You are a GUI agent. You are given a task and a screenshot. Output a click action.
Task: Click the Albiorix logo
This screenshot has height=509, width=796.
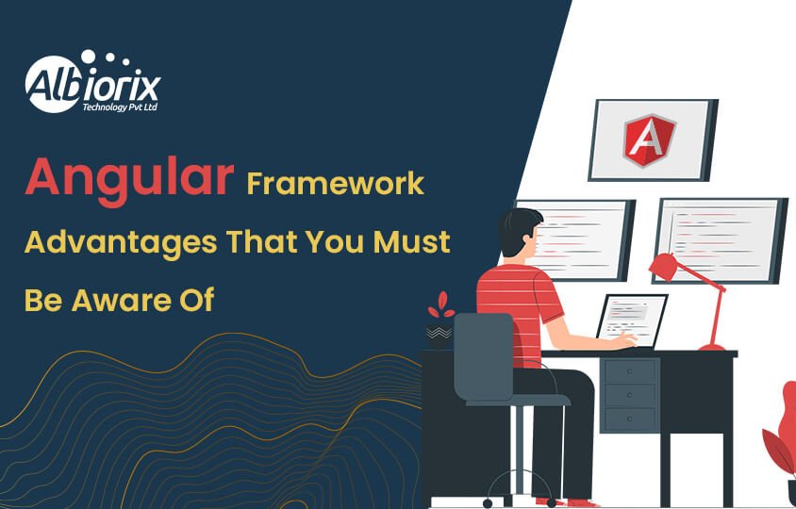click(92, 83)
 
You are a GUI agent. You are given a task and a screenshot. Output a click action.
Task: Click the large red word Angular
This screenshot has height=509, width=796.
click(127, 177)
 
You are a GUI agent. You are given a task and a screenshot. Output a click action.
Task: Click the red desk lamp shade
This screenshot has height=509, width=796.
click(665, 267)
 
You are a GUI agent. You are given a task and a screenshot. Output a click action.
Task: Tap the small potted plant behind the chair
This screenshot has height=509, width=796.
click(439, 320)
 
